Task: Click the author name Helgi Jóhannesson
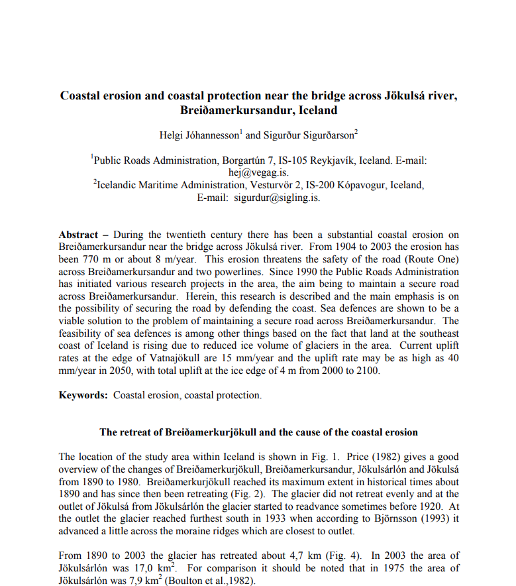point(198,135)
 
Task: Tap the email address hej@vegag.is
point(258,172)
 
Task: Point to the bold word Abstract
point(78,235)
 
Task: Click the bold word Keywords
point(83,396)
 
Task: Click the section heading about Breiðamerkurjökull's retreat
point(258,432)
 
